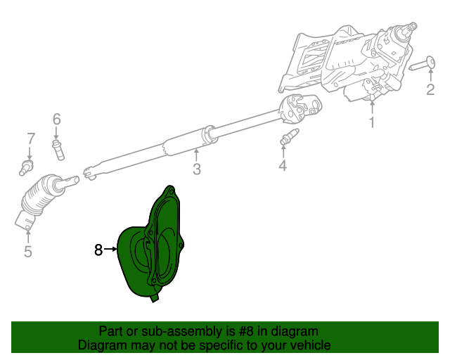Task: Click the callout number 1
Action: [372, 124]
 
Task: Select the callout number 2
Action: [429, 89]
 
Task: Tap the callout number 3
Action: [197, 169]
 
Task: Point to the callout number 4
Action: [283, 166]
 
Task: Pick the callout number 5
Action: [27, 251]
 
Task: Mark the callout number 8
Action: [98, 249]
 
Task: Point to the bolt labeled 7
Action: [27, 167]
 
